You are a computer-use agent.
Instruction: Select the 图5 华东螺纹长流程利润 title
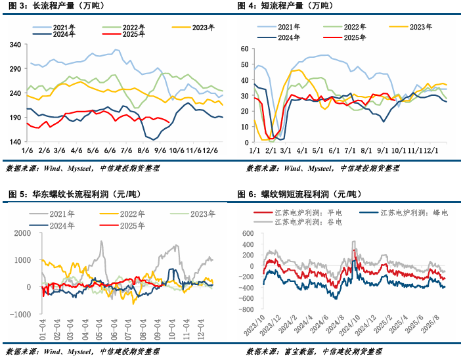pos(72,194)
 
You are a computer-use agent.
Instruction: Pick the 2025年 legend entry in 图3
pos(134,35)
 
